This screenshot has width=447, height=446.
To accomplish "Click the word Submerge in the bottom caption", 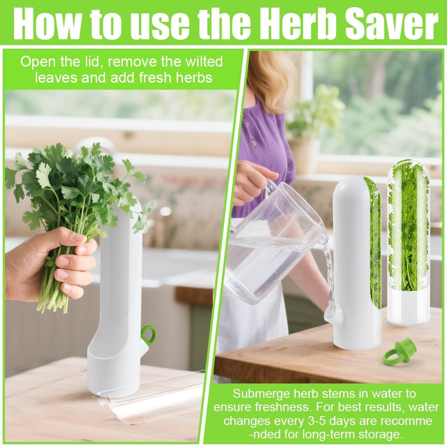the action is click(x=258, y=394).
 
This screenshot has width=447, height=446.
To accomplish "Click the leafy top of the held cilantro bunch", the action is click(x=77, y=185).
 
